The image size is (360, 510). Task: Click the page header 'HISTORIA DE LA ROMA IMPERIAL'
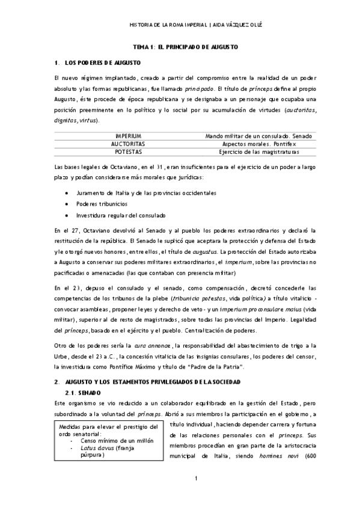click(169, 25)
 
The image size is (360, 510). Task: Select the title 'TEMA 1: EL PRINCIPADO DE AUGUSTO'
click(186, 46)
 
